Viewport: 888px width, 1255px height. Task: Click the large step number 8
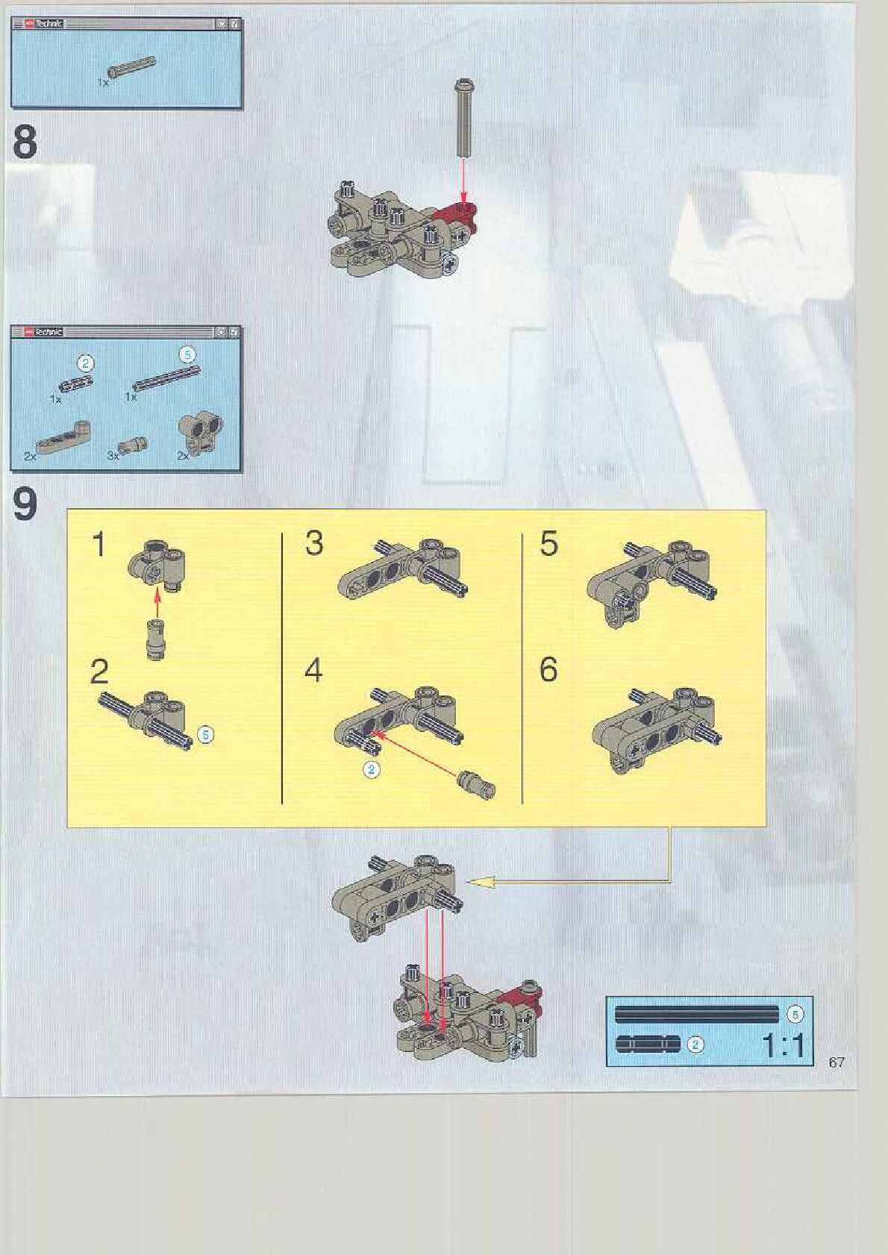25,143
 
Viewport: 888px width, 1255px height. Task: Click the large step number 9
25,504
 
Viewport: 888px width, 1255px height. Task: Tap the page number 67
837,1062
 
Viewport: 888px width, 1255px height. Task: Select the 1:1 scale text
783,1045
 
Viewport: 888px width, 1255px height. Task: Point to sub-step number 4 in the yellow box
313,669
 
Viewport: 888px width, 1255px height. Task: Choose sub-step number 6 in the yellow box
548,669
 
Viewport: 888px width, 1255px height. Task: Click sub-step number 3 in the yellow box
314,543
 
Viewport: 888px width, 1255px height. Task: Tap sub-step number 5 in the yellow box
549,543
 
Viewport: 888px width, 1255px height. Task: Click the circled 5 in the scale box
795,1013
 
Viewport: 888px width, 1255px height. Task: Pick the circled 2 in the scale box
695,1045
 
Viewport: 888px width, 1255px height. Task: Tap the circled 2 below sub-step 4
370,770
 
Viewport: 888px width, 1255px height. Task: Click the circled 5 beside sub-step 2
206,734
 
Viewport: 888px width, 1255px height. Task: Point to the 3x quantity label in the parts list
113,456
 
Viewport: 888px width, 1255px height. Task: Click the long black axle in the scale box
697,1014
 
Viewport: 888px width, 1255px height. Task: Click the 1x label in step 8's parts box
103,82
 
